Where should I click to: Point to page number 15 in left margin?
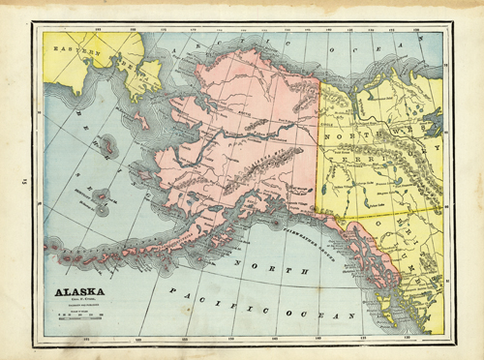(x=13, y=180)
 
